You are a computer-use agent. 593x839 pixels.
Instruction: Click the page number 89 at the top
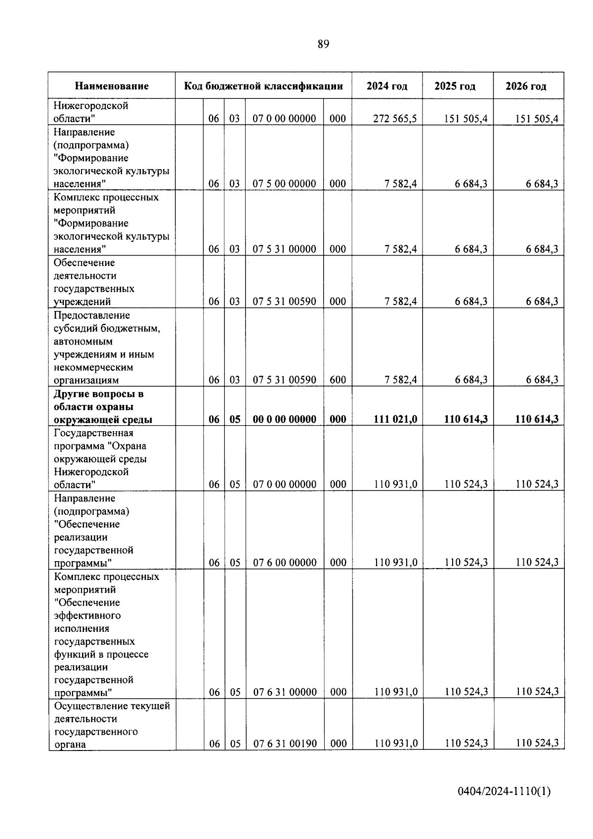point(323,44)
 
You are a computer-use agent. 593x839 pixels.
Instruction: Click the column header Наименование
point(112,86)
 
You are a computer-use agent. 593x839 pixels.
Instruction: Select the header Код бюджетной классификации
point(263,86)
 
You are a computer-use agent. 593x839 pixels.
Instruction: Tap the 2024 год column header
point(387,86)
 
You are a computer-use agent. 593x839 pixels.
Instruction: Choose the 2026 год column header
point(526,86)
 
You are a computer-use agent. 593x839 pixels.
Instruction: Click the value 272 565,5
point(395,119)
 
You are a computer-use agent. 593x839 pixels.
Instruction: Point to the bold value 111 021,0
point(395,419)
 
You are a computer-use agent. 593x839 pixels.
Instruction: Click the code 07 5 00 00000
point(284,184)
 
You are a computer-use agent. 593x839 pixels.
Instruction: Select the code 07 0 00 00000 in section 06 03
point(284,119)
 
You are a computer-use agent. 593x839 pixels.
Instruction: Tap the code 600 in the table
point(338,380)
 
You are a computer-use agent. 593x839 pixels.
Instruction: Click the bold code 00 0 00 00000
point(284,419)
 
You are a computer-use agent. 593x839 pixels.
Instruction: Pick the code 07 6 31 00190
point(285,744)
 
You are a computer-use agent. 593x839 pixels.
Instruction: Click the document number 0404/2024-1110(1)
point(504,792)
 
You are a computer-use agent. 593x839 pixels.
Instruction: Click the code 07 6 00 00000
point(285,563)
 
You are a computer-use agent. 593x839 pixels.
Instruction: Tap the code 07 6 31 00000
point(285,692)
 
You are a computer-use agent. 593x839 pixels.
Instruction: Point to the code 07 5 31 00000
point(284,249)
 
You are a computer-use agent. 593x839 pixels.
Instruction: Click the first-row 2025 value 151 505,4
point(466,119)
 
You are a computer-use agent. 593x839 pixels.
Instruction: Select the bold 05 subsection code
point(235,419)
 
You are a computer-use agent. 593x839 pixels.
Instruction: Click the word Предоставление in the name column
point(91,315)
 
